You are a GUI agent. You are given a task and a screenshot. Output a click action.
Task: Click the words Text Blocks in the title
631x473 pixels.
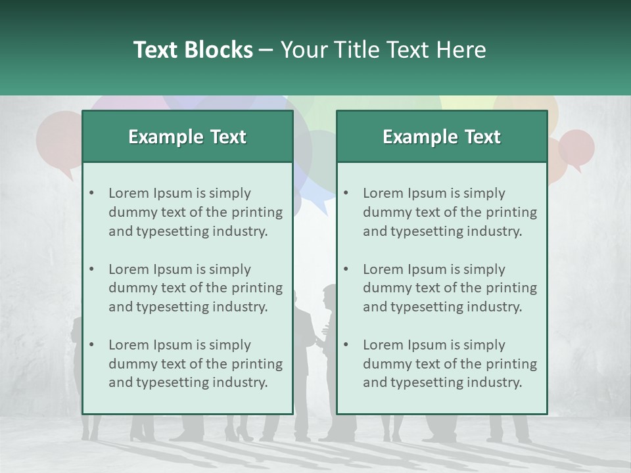pyautogui.click(x=193, y=50)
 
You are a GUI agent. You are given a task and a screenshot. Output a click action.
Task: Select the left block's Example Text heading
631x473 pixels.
pyautogui.click(x=187, y=137)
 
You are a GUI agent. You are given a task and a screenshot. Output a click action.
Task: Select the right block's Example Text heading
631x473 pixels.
pyautogui.click(x=442, y=137)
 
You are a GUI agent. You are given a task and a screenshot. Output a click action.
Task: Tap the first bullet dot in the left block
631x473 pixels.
pyautogui.click(x=92, y=193)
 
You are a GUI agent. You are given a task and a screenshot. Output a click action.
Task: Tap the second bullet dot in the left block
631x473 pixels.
pyautogui.click(x=92, y=269)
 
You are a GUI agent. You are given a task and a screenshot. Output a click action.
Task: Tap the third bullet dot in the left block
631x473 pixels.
pyautogui.click(x=92, y=345)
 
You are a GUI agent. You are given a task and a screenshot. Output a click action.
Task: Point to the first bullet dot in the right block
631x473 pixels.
pyautogui.click(x=346, y=193)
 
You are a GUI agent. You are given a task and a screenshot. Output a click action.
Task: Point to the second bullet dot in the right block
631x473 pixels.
pyautogui.click(x=346, y=269)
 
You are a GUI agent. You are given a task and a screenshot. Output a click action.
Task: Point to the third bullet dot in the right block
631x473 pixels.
pyautogui.click(x=346, y=345)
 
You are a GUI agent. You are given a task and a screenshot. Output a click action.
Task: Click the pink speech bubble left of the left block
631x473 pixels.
pyautogui.click(x=59, y=141)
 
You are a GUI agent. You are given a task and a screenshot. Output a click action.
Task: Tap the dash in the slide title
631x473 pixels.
pyautogui.click(x=266, y=50)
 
